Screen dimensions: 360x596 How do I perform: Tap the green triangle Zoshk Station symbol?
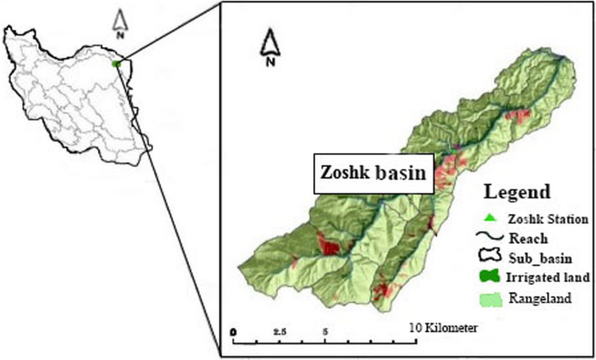tap(491, 217)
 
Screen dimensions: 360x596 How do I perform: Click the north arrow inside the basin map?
tap(271, 48)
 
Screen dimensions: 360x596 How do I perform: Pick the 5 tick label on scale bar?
tap(325, 331)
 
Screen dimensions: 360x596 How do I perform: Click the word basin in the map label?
tap(401, 174)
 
